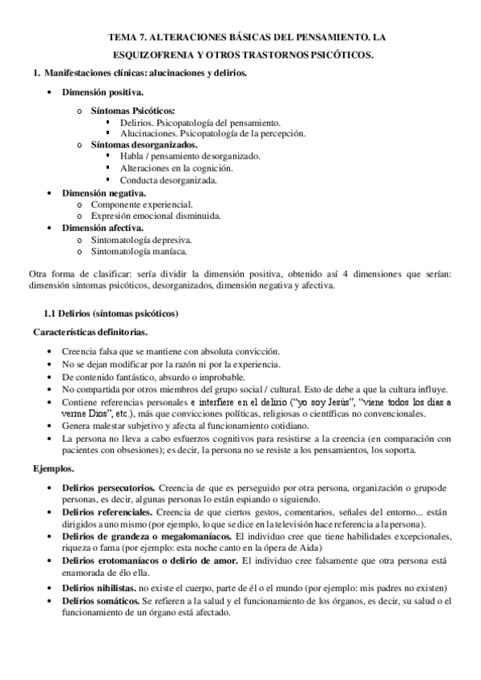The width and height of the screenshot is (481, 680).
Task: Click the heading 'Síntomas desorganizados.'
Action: coord(141,144)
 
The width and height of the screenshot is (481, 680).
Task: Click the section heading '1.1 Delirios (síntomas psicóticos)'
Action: coord(111,313)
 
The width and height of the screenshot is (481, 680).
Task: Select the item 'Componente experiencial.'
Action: coord(142,204)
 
